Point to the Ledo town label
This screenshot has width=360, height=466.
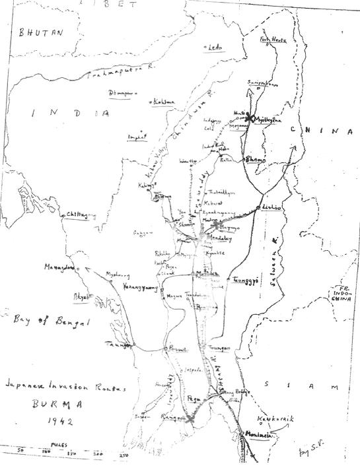pyautogui.click(x=214, y=48)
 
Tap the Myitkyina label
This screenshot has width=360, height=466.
pyautogui.click(x=269, y=119)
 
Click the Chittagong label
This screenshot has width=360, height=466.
pyautogui.click(x=81, y=215)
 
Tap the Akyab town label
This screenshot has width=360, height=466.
pyautogui.click(x=81, y=296)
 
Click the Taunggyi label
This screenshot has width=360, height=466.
pyautogui.click(x=247, y=280)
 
